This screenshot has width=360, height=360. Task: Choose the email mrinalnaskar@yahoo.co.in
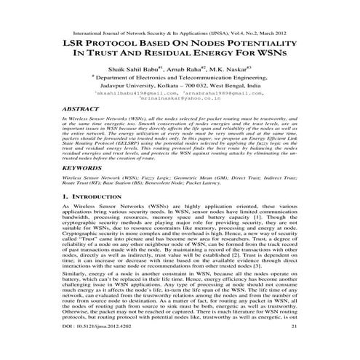point(180,99)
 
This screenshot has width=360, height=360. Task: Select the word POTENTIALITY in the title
point(275,42)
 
